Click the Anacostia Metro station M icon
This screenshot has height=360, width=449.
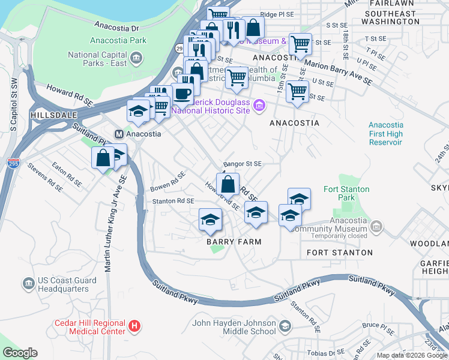(119, 134)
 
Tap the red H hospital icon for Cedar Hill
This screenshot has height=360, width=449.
(135, 326)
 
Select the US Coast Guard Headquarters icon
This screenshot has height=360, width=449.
(28, 283)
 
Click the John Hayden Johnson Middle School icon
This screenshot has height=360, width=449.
(285, 326)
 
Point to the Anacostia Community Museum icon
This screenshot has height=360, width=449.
(376, 226)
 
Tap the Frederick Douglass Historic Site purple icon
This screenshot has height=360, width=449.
(259, 106)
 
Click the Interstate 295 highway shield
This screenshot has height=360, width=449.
(13, 163)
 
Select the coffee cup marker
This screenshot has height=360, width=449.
(182, 94)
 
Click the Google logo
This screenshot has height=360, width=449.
(20, 352)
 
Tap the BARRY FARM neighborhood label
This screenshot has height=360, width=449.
(234, 242)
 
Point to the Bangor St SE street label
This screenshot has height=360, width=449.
(243, 163)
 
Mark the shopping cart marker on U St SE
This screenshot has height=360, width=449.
(297, 92)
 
